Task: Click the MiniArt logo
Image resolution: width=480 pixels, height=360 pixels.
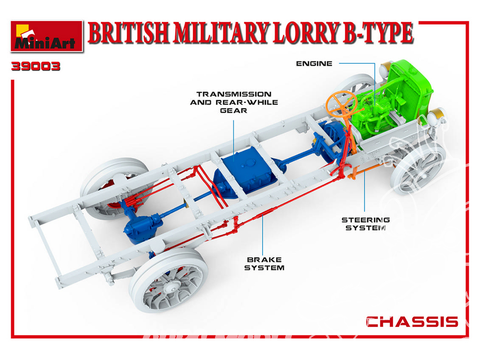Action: [x=47, y=36]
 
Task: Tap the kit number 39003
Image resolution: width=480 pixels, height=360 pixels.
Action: [x=36, y=66]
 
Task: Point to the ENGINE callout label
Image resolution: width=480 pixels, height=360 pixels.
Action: [x=314, y=64]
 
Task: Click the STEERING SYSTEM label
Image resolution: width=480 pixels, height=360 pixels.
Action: [x=365, y=224]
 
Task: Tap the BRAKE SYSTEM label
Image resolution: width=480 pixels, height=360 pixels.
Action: [x=264, y=264]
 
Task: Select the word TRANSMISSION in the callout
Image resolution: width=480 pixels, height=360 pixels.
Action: [x=234, y=94]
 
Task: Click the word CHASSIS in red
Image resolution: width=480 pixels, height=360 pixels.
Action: [x=412, y=322]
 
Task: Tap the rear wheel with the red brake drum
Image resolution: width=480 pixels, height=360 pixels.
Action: [x=114, y=189]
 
